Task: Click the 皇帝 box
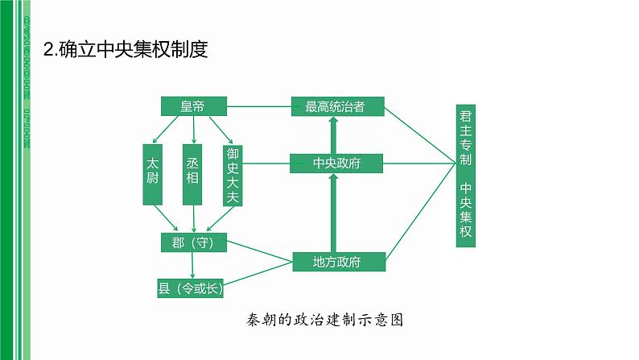194,106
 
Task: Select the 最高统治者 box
338,106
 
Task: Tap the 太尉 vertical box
152,175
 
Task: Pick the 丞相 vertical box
192,175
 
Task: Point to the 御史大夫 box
233,176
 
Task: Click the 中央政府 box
336,163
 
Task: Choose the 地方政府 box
339,262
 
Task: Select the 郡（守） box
194,242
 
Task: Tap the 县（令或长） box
190,288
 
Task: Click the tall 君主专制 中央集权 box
466,176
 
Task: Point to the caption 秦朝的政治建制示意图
325,320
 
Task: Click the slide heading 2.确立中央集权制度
126,49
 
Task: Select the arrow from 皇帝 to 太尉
166,130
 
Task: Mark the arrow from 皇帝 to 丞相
194,130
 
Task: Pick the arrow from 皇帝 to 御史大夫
221,130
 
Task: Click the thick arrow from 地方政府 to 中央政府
334,213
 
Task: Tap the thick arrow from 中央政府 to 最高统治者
334,135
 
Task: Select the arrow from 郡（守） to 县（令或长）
192,266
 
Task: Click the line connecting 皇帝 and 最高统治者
259,106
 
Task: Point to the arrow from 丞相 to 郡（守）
194,219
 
